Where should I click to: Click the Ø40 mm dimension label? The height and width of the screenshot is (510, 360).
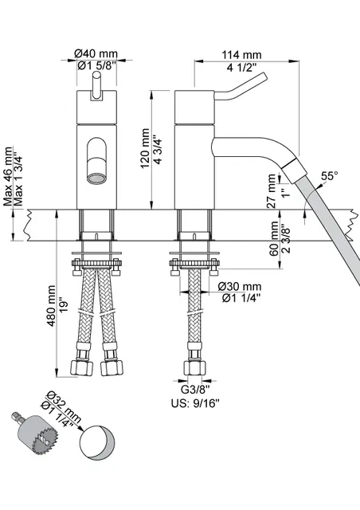coord(96,53)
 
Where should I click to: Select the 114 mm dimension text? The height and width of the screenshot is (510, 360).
coord(242,53)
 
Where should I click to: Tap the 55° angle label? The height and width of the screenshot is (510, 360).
coord(329,175)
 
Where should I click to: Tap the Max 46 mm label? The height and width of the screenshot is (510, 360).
coord(10,177)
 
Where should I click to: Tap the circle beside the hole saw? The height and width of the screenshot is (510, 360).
coord(100,443)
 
